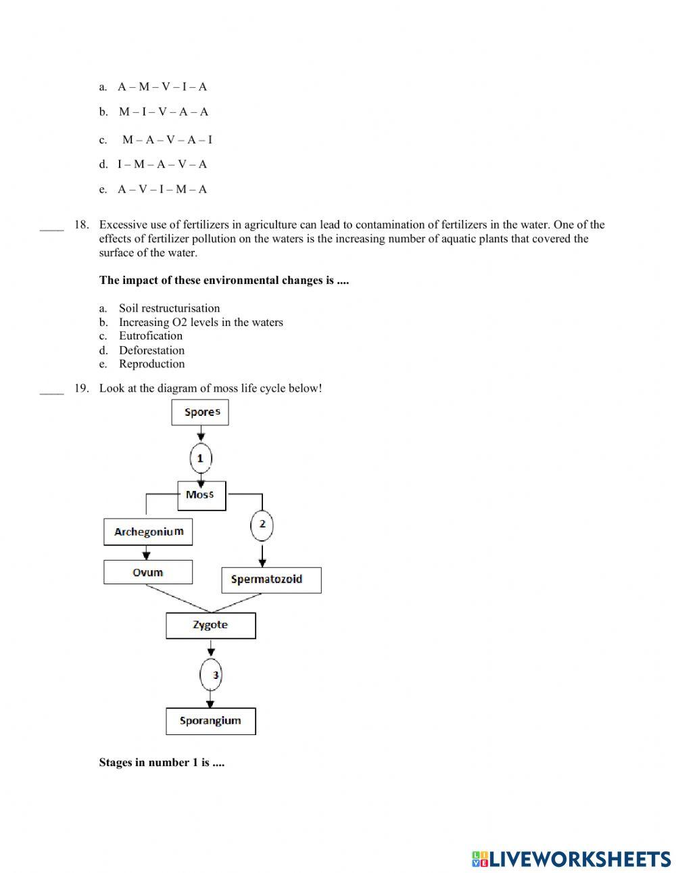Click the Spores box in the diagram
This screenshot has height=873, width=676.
pos(200,412)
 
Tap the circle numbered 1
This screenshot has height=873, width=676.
pos(200,458)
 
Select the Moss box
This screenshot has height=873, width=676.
pos(201,495)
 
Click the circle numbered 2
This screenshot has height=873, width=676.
pos(262,524)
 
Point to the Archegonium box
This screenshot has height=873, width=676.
pos(148,532)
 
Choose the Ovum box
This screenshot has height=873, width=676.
pos(147,572)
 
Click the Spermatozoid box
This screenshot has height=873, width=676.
pos(271,580)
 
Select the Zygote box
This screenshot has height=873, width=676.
pos(210,626)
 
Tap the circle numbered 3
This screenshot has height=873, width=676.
pos(212,675)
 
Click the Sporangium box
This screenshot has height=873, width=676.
pos(210,721)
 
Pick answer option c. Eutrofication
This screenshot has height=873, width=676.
pos(150,336)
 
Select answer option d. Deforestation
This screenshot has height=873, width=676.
pos(151,350)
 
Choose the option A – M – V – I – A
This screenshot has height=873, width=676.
pos(162,87)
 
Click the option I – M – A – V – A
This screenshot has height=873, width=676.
pos(162,164)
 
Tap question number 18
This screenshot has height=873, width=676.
pos(81,225)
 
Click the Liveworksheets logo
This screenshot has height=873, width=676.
pos(571,859)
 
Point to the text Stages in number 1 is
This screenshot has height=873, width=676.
pos(162,763)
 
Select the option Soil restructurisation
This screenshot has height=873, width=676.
pos(169,308)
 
